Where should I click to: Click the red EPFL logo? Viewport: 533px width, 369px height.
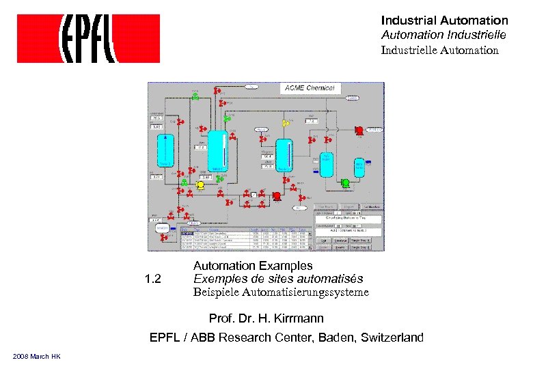tap(88, 38)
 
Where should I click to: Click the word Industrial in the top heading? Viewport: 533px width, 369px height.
tap(409, 21)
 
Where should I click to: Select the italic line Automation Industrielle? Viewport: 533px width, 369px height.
tap(443, 35)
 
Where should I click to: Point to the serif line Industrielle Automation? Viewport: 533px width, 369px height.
tap(439, 50)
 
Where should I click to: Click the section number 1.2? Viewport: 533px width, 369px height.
tap(153, 279)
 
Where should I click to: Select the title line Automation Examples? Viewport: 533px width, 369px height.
tap(253, 265)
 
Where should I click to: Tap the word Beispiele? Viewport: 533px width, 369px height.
tap(213, 292)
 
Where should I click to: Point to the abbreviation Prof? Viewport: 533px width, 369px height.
tap(222, 318)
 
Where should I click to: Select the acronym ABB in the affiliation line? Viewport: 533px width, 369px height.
tap(206, 338)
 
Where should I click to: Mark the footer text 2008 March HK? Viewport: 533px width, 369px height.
tap(37, 357)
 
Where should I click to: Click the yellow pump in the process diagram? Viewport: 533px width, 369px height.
tap(201, 184)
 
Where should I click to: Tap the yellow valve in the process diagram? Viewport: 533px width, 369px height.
tap(286, 123)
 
